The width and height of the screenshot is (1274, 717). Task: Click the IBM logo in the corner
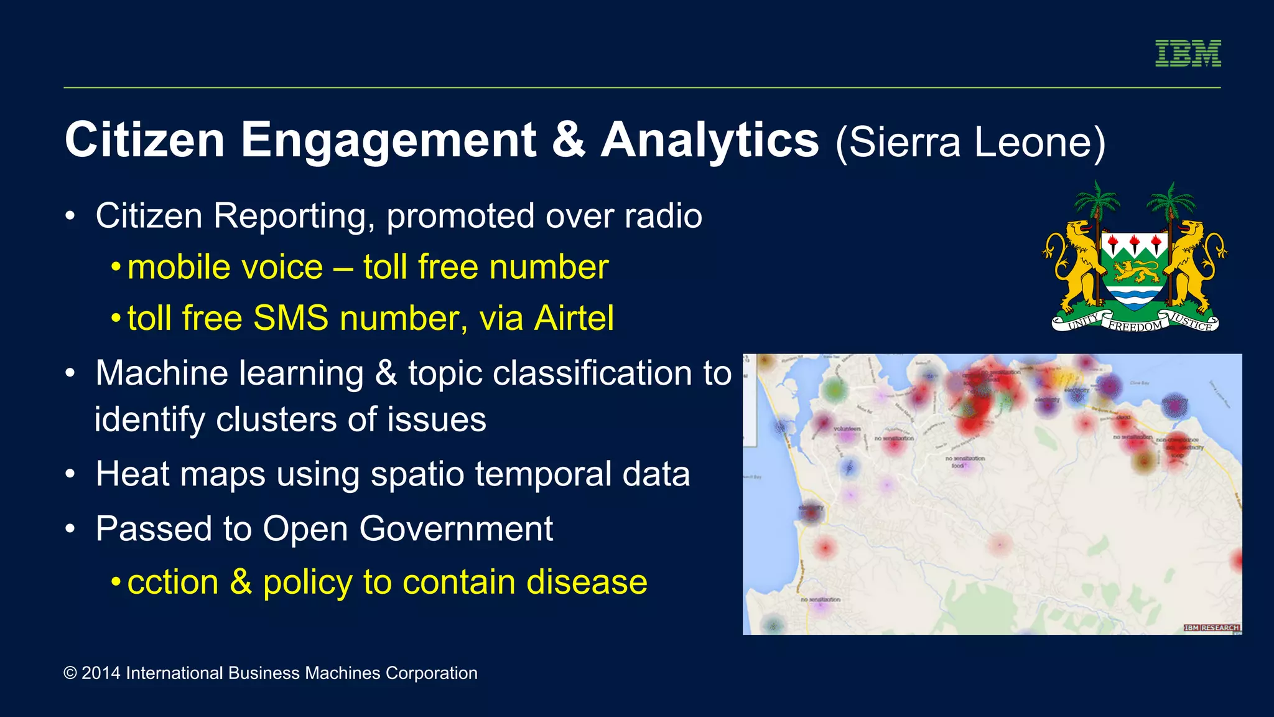(1188, 53)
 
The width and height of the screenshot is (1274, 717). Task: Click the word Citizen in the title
(144, 140)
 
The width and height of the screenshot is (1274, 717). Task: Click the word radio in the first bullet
(663, 216)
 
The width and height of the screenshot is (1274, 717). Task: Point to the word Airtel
(574, 318)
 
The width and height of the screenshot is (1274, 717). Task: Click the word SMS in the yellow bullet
(291, 318)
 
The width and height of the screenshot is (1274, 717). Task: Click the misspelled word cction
(173, 582)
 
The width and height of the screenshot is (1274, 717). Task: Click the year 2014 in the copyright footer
(101, 673)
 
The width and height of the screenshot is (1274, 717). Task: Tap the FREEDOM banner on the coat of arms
(1135, 326)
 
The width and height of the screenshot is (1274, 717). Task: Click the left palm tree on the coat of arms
(1096, 202)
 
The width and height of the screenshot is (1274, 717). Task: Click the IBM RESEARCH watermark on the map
(1211, 627)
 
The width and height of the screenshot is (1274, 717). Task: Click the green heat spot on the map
(834, 390)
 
